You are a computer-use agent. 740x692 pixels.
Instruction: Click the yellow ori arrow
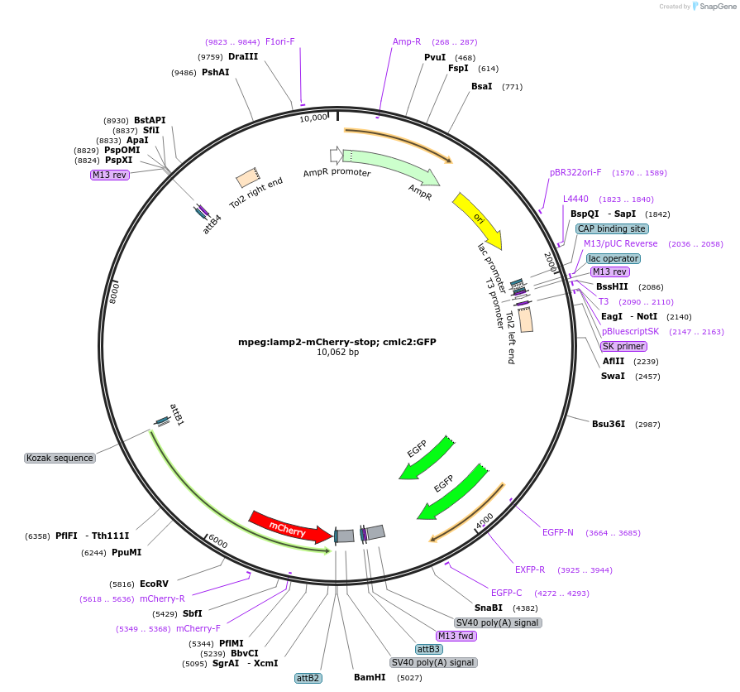(x=478, y=218)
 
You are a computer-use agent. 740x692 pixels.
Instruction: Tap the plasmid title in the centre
(x=337, y=341)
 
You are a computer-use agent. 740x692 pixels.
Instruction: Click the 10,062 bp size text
(x=337, y=353)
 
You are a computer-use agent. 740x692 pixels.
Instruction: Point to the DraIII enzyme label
(x=243, y=56)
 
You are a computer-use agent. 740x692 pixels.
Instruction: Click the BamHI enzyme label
(x=370, y=677)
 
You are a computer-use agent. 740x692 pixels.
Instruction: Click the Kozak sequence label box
(x=60, y=458)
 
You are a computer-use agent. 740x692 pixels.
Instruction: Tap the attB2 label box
(x=308, y=678)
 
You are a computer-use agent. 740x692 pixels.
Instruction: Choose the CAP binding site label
(x=612, y=228)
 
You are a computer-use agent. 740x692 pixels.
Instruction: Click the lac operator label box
(x=613, y=258)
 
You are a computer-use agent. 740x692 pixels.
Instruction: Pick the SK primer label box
(x=624, y=346)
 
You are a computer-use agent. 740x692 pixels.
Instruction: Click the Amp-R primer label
(x=407, y=41)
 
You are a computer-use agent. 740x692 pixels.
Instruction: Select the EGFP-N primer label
(x=557, y=532)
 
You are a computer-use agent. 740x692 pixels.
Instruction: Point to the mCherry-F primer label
(x=198, y=628)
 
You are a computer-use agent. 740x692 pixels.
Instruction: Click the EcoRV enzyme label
(x=154, y=584)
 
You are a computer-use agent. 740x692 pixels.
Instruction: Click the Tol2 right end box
(x=246, y=178)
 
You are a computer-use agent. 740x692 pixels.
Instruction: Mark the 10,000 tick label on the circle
(x=313, y=118)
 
